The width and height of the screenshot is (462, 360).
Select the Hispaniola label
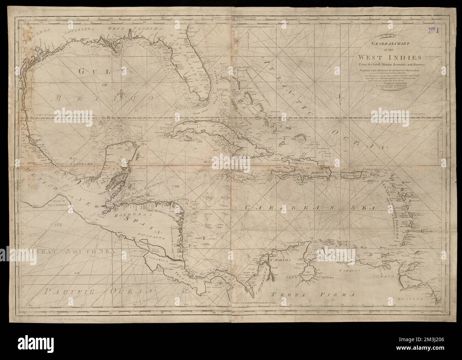pyautogui.click(x=300, y=165)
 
